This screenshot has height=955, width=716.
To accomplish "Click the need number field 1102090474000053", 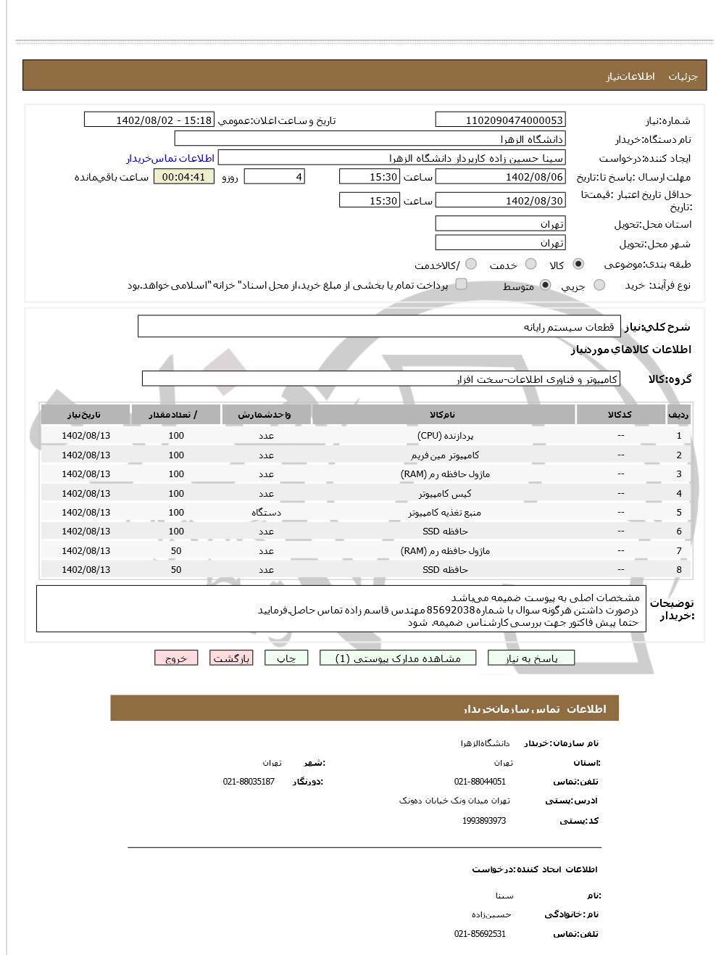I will pyautogui.click(x=500, y=120).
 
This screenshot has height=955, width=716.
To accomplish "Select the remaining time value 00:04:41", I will pyautogui.click(x=184, y=177).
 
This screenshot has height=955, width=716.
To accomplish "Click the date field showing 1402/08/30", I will pyautogui.click(x=500, y=201).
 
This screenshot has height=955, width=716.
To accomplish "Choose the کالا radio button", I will pyautogui.click(x=578, y=264).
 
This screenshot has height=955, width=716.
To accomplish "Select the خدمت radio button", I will pyautogui.click(x=530, y=264).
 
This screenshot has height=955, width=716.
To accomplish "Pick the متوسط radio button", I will pyautogui.click(x=545, y=285).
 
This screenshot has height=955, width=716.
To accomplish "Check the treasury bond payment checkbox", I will pyautogui.click(x=461, y=284).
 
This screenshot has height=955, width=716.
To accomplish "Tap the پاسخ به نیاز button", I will pyautogui.click(x=531, y=658).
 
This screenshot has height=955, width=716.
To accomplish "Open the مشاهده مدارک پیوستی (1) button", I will pyautogui.click(x=399, y=658).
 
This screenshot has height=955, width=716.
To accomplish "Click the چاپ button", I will pyautogui.click(x=286, y=658).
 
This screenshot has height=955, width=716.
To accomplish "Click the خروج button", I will pyautogui.click(x=176, y=658).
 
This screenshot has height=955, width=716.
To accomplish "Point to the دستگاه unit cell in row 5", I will pyautogui.click(x=266, y=512).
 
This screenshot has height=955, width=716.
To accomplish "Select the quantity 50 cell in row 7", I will pyautogui.click(x=176, y=550).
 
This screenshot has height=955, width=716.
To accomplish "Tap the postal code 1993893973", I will pyautogui.click(x=484, y=821).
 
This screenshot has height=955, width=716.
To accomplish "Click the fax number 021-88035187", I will pyautogui.click(x=249, y=782).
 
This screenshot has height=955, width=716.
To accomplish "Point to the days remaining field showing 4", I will pyautogui.click(x=275, y=177).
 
